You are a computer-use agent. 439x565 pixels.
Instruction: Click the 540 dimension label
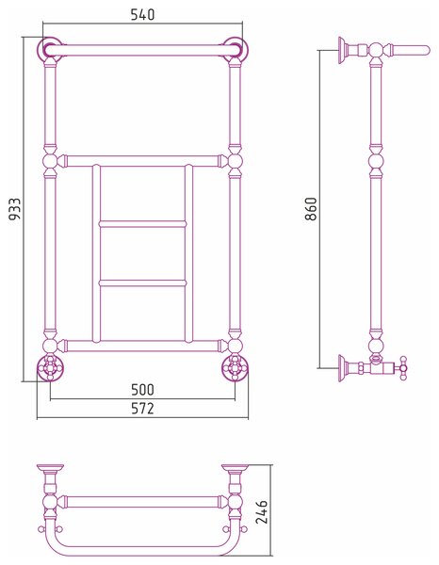tap(142, 15)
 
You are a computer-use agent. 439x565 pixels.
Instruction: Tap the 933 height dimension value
tap(15, 209)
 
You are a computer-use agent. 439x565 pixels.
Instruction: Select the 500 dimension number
tap(142, 390)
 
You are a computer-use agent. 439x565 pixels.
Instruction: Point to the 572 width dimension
tap(142, 409)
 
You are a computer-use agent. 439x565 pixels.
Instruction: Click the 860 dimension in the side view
tap(311, 209)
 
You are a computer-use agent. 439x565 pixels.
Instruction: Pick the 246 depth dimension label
tap(261, 511)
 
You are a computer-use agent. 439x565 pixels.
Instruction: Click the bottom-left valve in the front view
tap(50, 367)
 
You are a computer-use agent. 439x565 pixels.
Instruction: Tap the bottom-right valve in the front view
tap(235, 367)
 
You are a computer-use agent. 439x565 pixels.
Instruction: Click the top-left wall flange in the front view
tap(50, 48)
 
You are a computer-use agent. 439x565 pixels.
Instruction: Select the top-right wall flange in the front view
tap(236, 48)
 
